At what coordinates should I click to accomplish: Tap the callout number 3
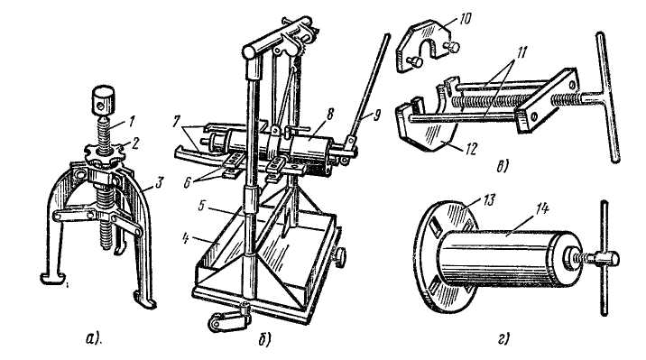(159, 182)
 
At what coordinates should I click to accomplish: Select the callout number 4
(187, 239)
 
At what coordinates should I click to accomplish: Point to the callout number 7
(175, 123)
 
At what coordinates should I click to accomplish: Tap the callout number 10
(464, 19)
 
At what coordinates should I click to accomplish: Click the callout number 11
(521, 52)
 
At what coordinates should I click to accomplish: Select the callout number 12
(470, 149)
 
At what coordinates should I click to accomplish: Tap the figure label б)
(264, 340)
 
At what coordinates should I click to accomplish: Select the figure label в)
(502, 167)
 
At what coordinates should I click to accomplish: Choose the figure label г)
(503, 339)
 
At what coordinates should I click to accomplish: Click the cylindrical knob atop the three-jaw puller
(103, 101)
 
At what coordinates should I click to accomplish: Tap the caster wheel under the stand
(219, 322)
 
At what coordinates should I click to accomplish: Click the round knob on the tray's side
(340, 259)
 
